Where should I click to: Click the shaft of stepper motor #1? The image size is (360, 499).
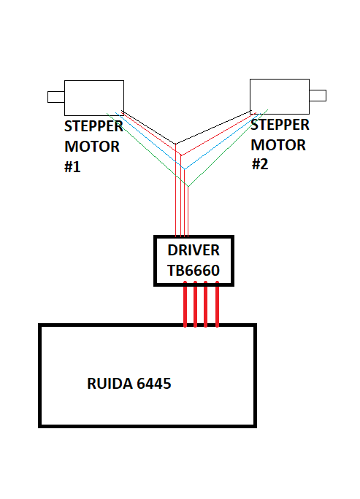[x=56, y=97]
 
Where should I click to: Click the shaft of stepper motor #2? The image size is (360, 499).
[x=318, y=96]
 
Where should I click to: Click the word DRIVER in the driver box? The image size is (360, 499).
[x=194, y=250]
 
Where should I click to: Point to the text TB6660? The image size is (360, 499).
[x=194, y=271]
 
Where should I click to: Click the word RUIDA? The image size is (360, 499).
[x=110, y=384]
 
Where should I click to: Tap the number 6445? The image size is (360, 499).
[x=154, y=384]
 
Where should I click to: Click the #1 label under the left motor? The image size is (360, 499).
[x=72, y=167]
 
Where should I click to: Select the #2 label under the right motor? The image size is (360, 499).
[x=260, y=164]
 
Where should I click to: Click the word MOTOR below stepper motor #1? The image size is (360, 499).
[x=92, y=147]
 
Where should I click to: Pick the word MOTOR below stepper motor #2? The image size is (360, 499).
[x=278, y=145]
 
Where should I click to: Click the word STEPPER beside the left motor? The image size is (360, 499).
[x=93, y=126]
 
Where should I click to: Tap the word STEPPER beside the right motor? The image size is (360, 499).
[x=280, y=125]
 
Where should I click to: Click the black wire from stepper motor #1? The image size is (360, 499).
[x=148, y=128]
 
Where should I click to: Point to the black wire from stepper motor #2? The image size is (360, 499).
[x=213, y=128]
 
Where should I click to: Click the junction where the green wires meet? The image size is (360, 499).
[x=188, y=187]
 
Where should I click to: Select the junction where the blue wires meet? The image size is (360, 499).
[x=185, y=169]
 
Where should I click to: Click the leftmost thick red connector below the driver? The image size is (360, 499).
[x=185, y=304]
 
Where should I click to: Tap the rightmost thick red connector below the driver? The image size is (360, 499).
[x=218, y=304]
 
